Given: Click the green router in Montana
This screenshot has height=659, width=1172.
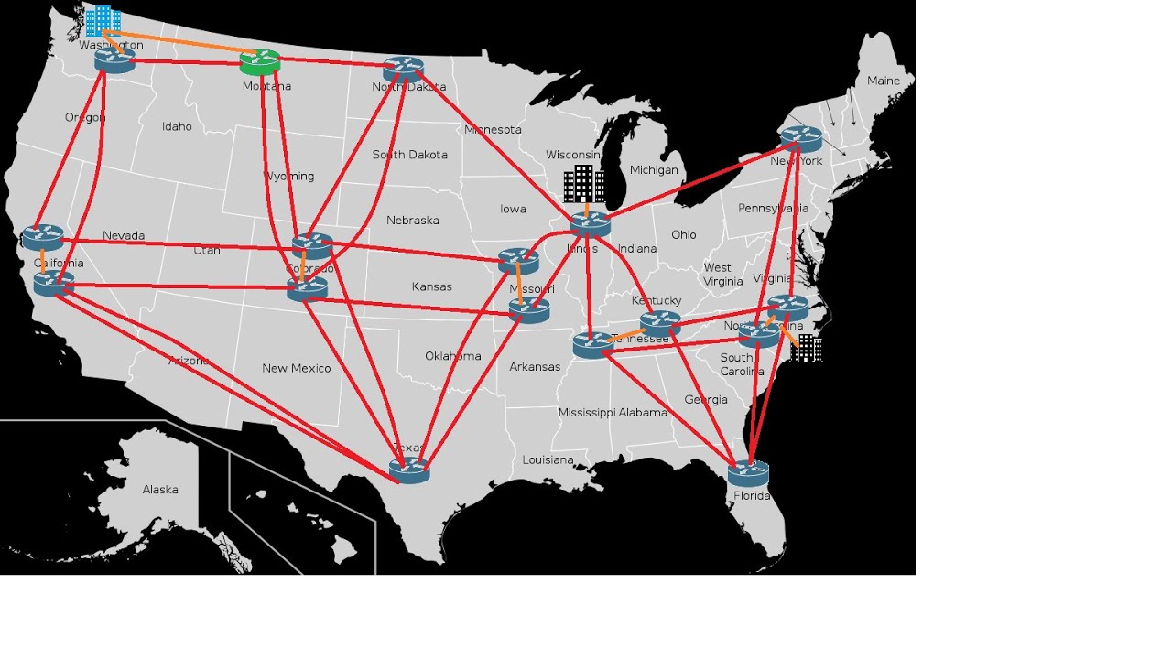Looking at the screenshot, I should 260,62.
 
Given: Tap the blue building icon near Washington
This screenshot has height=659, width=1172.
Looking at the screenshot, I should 103,21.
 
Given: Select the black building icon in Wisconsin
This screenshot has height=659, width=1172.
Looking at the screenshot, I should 583,185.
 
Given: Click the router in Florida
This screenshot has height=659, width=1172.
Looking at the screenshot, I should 748,473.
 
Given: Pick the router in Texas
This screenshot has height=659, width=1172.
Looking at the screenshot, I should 408,470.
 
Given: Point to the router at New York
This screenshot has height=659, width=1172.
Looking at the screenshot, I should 801,139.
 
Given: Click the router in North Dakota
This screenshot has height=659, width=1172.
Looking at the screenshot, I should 403,69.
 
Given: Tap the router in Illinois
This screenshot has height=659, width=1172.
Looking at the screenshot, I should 590,224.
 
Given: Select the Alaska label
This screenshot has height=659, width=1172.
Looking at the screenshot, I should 160,490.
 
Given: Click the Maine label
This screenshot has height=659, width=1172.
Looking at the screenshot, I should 884,81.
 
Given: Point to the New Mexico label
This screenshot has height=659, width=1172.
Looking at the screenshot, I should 296,368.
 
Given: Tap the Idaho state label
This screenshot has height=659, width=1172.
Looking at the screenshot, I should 177,126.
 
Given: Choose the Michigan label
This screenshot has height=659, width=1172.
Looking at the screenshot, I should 654,170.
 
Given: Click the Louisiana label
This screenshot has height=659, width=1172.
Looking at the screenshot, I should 548,459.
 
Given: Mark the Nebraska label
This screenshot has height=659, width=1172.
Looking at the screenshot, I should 413,221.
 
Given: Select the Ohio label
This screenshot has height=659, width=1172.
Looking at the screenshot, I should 683,234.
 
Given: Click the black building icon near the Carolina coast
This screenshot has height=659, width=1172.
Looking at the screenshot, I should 806,348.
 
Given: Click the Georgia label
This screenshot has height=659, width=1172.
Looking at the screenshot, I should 706,399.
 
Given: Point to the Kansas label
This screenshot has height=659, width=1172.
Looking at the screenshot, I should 432,286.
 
